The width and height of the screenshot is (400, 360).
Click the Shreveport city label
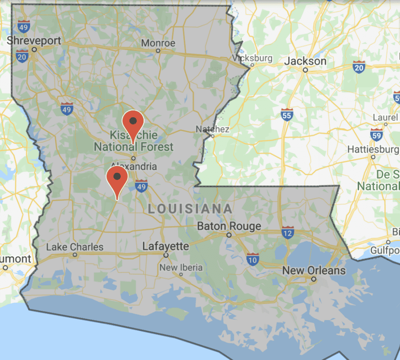34,40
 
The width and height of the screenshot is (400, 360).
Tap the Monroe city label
158,43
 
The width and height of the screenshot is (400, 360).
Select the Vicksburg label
252,58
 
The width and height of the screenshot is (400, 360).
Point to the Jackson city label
305,61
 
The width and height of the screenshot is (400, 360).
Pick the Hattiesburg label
373,149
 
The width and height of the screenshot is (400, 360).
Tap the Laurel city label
385,117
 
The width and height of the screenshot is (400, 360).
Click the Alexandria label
134,166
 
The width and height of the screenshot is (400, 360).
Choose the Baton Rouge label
229,226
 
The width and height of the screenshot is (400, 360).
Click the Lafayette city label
166,247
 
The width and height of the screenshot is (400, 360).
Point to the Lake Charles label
75,247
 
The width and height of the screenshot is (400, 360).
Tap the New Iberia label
181,267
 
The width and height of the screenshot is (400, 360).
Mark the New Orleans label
314,270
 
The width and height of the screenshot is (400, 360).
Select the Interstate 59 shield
377,134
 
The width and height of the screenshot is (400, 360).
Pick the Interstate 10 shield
253,259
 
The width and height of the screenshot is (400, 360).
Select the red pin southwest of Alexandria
118,178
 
